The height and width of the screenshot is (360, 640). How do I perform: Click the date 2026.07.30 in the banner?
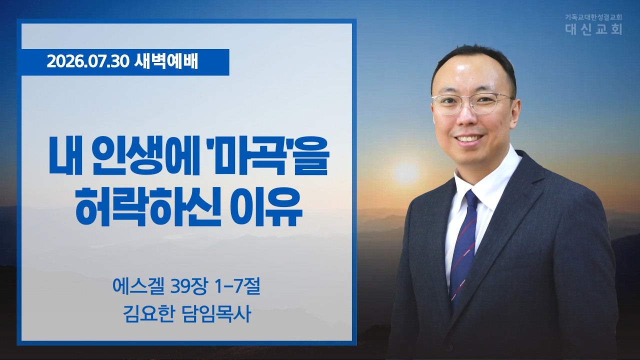tap(88, 62)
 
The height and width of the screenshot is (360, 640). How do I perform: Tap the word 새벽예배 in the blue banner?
tap(166, 62)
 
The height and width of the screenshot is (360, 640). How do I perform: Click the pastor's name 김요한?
tap(148, 314)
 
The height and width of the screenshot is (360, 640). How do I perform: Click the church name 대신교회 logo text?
tap(593, 29)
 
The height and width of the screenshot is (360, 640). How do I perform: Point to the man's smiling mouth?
tap(468, 139)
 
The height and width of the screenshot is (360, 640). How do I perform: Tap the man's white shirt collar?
tap(485, 177)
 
